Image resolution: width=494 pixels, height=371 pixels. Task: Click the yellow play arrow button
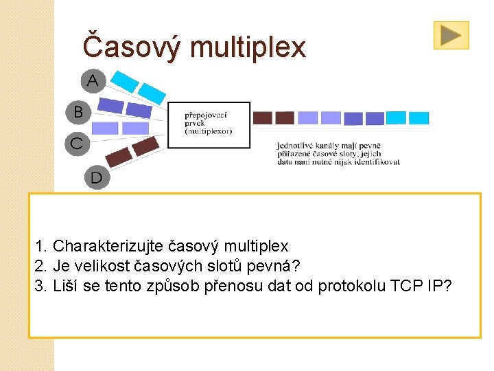point(451,35)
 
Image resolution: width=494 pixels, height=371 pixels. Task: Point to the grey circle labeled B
point(78,111)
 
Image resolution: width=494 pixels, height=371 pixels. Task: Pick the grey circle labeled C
point(76,144)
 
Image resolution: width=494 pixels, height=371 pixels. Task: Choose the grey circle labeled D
point(96,178)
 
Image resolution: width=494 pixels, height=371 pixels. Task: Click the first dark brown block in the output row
point(263,118)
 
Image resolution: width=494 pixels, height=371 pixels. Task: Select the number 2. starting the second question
point(40,266)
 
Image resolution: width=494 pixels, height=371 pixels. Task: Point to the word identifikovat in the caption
point(379,162)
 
